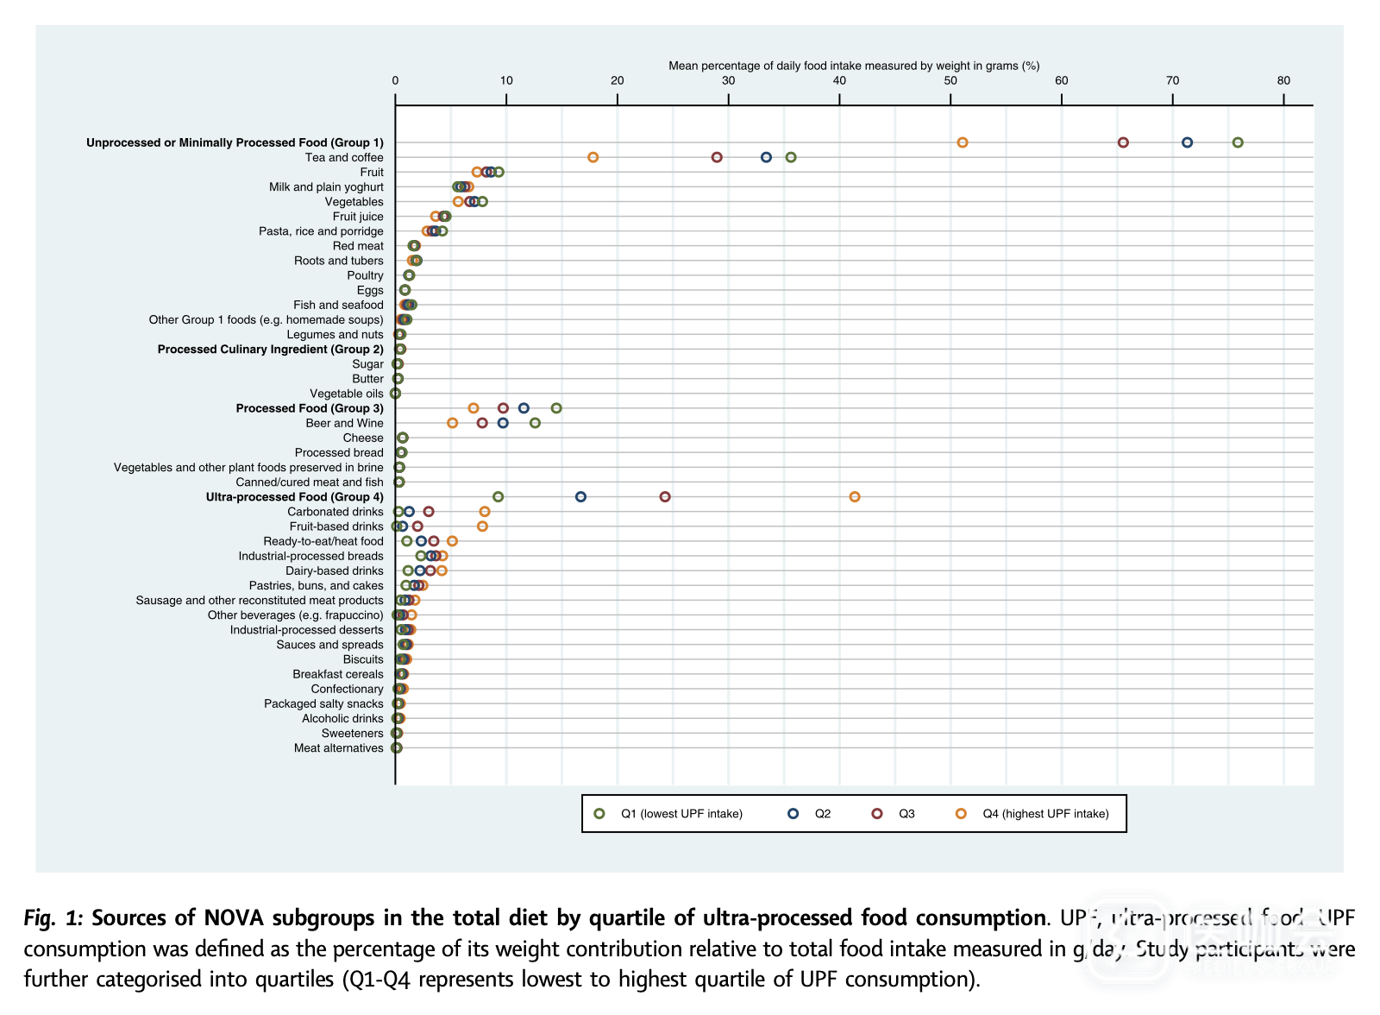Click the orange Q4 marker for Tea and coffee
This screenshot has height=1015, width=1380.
point(593,157)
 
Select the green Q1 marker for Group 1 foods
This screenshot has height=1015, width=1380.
point(1238,142)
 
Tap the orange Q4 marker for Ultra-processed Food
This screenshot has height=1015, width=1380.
point(855,497)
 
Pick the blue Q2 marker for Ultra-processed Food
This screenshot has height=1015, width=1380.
point(580,497)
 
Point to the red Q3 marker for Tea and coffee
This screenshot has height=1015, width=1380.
point(717,157)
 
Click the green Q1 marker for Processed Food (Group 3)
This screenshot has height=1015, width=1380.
point(556,408)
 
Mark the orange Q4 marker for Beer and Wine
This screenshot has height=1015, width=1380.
point(453,423)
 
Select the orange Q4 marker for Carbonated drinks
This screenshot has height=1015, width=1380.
point(485,512)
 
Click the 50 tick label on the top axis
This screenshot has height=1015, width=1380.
point(950,80)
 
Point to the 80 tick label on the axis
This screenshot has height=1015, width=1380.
point(1283,80)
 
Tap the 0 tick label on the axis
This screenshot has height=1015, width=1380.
point(396,80)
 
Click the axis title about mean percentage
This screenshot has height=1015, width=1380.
point(854,66)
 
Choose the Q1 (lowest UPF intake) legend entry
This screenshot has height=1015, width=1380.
point(681,814)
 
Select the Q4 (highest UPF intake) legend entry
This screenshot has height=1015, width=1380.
point(1045,814)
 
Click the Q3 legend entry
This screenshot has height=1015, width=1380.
point(906,814)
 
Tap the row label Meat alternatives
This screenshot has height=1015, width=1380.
point(338,748)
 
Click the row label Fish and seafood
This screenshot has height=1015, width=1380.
point(338,305)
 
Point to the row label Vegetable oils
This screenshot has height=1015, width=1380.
point(347,394)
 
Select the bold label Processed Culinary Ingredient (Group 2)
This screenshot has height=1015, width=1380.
point(270,350)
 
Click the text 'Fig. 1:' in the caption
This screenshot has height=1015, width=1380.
point(53,917)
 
